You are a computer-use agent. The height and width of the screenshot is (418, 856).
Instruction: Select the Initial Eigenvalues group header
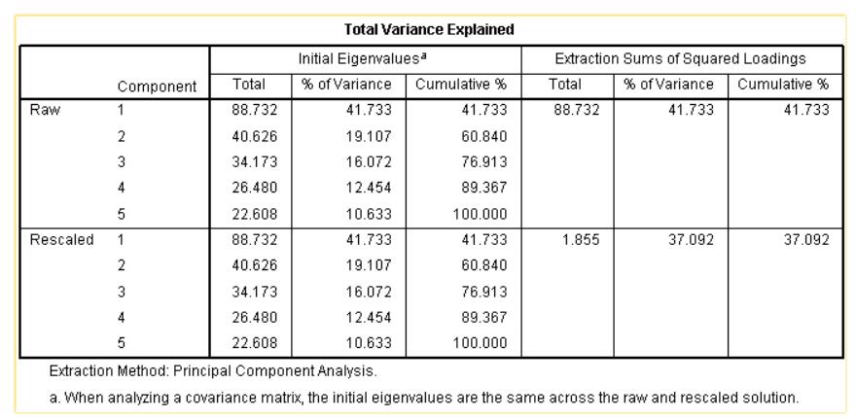[365, 59]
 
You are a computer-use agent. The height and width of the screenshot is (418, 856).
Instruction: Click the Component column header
[158, 87]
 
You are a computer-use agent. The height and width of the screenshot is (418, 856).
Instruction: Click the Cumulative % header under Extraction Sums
[783, 86]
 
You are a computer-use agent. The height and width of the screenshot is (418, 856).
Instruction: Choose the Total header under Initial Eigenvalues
[250, 86]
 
